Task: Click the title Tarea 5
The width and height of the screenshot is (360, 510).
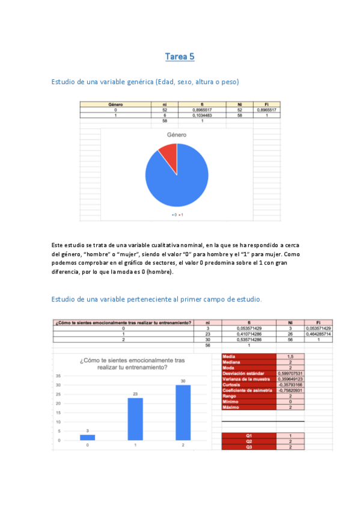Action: coord(180,57)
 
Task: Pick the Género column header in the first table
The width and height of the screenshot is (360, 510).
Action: coord(115,104)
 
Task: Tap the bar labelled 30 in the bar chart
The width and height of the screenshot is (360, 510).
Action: coord(183,413)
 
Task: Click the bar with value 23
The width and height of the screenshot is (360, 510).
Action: coord(135,419)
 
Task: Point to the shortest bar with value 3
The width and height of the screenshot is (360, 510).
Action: coord(88,437)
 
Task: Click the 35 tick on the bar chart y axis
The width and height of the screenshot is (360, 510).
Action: coord(58,376)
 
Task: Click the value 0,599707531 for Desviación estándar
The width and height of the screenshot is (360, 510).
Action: coord(291,373)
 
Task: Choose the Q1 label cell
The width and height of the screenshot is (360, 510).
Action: coord(249,435)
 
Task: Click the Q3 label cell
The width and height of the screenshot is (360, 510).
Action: coord(249,447)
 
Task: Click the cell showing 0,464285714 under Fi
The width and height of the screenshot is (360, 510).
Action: coord(318,334)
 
